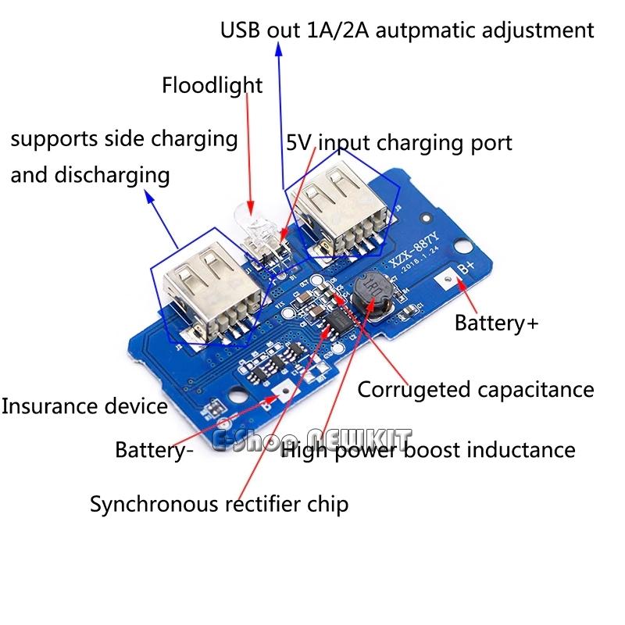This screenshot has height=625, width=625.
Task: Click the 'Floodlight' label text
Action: click(212, 85)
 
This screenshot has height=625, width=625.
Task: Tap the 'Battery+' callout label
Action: click(497, 322)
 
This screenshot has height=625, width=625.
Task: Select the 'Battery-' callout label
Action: click(153, 450)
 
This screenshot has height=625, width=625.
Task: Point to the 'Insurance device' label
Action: click(84, 406)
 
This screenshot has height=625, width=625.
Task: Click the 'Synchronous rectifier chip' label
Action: click(219, 504)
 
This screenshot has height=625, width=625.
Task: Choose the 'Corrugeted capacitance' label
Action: click(476, 389)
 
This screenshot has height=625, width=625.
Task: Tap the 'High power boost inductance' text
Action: click(428, 450)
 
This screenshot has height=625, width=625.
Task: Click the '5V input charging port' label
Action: click(399, 143)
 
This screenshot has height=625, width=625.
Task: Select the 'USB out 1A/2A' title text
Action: click(406, 31)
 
